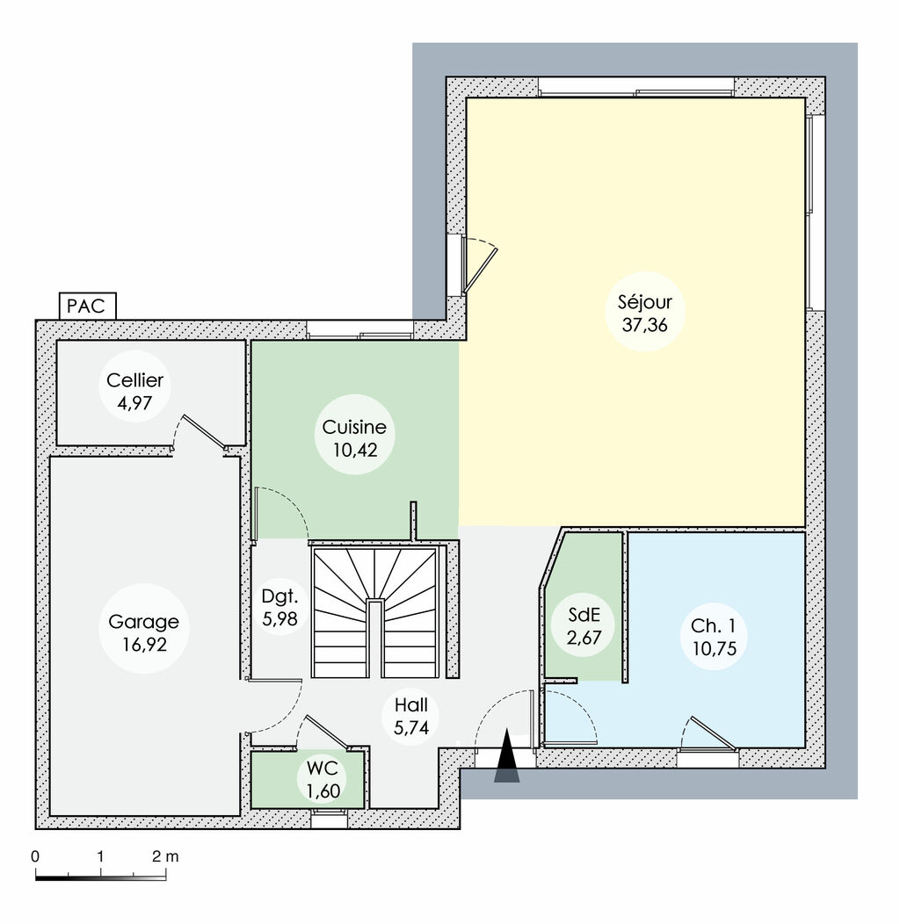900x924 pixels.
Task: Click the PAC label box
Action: (x=86, y=307)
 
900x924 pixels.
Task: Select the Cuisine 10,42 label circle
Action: (x=353, y=438)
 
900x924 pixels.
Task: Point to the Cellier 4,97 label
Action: (x=134, y=391)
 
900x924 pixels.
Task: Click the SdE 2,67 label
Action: (x=582, y=625)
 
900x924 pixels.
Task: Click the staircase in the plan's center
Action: (x=376, y=611)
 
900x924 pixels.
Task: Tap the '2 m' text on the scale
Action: (x=164, y=855)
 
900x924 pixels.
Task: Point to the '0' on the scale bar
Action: (x=35, y=855)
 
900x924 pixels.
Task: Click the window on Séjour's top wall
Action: (x=635, y=87)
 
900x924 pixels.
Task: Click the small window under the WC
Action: (x=330, y=818)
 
